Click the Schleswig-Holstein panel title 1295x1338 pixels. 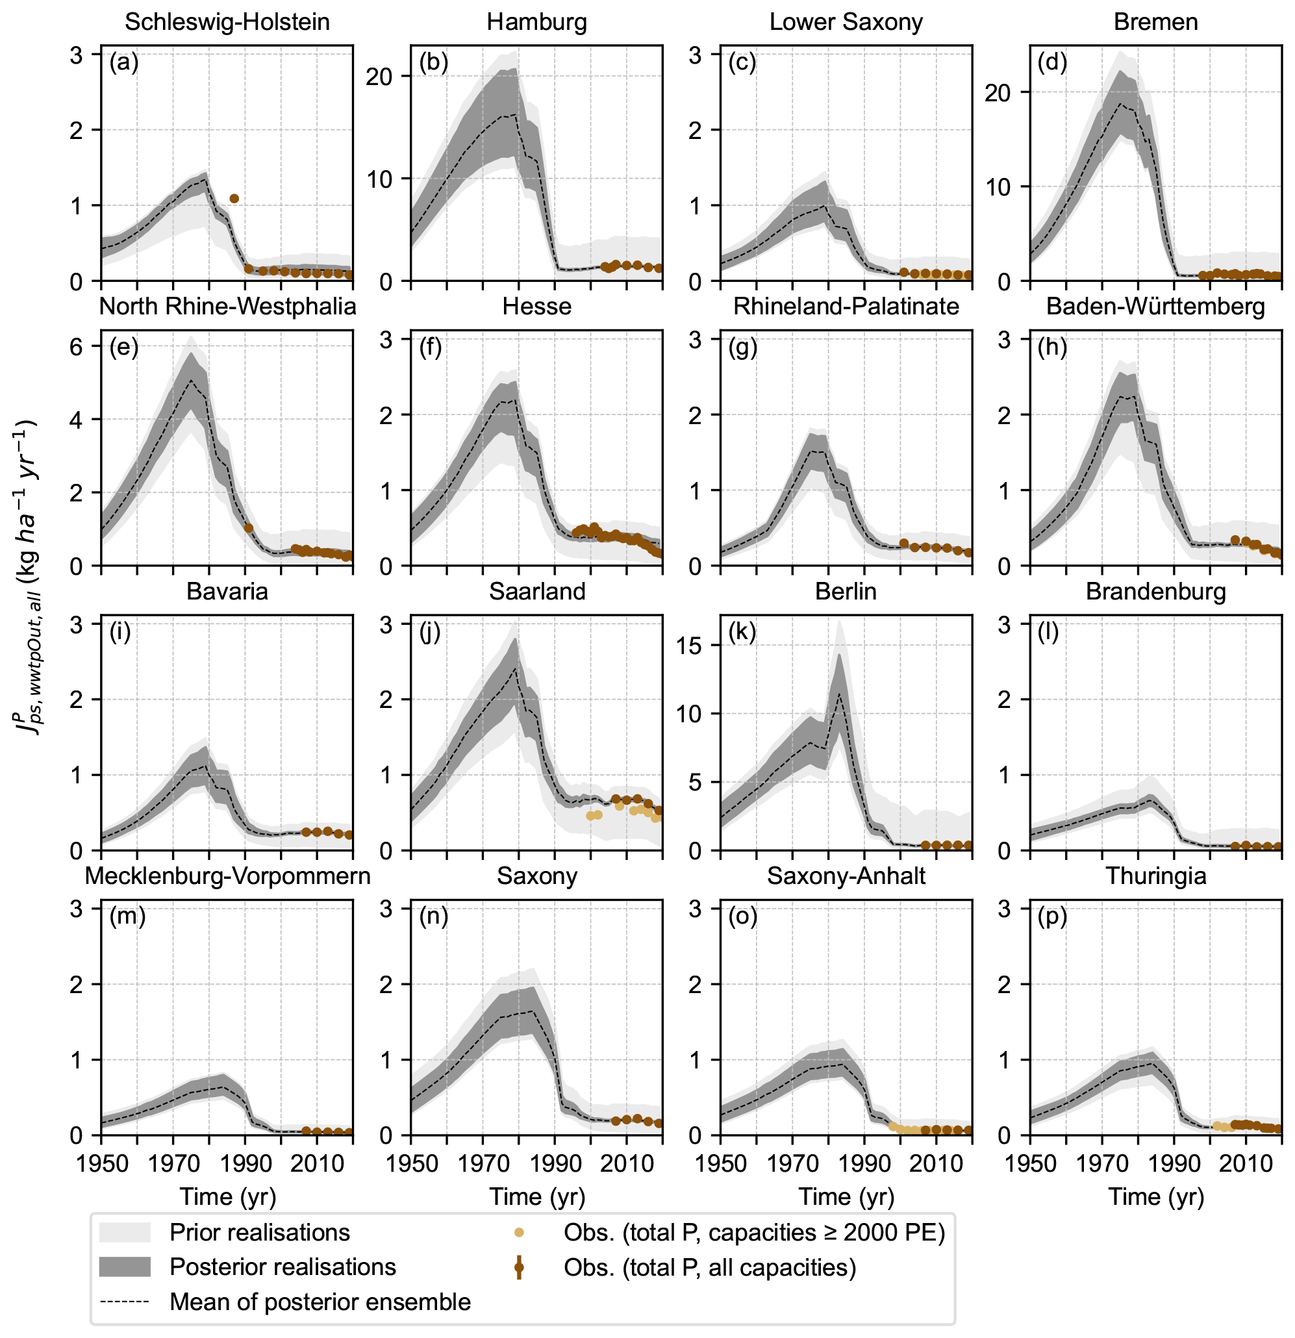pos(227,22)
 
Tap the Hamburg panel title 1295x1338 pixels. pos(536,22)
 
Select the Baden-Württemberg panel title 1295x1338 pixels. pos(1155,307)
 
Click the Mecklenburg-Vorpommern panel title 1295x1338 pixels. pos(227,876)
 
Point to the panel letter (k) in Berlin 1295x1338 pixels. pos(742,632)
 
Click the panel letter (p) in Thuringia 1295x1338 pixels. pos(1052,917)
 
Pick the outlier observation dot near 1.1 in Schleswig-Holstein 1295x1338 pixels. pos(234,199)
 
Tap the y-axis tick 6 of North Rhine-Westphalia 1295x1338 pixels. pos(76,347)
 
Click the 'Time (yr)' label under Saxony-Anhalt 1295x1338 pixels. pos(846,1196)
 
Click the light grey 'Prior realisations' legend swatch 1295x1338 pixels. pos(124,1232)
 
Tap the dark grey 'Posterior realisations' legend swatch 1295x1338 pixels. pos(124,1267)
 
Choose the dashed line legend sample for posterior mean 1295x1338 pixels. pos(124,1302)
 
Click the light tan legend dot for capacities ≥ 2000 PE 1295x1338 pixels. pos(519,1232)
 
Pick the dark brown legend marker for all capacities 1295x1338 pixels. pos(519,1267)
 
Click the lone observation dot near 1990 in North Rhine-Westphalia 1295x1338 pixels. pos(249,527)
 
